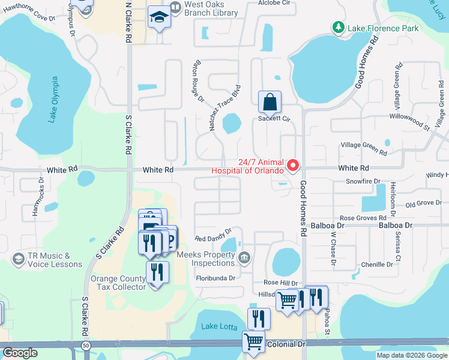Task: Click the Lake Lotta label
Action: [x=217, y=326]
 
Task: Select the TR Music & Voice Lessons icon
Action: [x=18, y=259]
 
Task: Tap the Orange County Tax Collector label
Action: [x=118, y=283]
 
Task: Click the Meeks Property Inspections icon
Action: [x=244, y=259]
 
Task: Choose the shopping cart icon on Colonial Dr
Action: [x=254, y=342]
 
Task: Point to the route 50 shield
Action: [x=86, y=347]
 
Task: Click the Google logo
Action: [x=20, y=353]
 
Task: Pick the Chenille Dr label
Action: [x=377, y=264]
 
